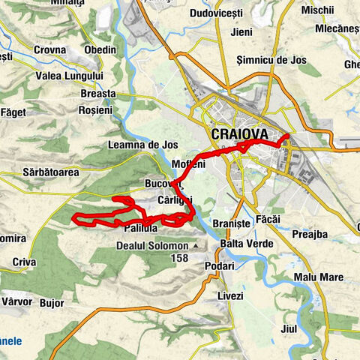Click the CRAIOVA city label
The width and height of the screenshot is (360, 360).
point(240,133)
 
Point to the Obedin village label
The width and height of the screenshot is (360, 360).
point(100,49)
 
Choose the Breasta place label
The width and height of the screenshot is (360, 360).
point(98,94)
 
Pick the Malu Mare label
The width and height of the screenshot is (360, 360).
point(319,277)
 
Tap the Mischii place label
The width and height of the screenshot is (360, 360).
point(318,10)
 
